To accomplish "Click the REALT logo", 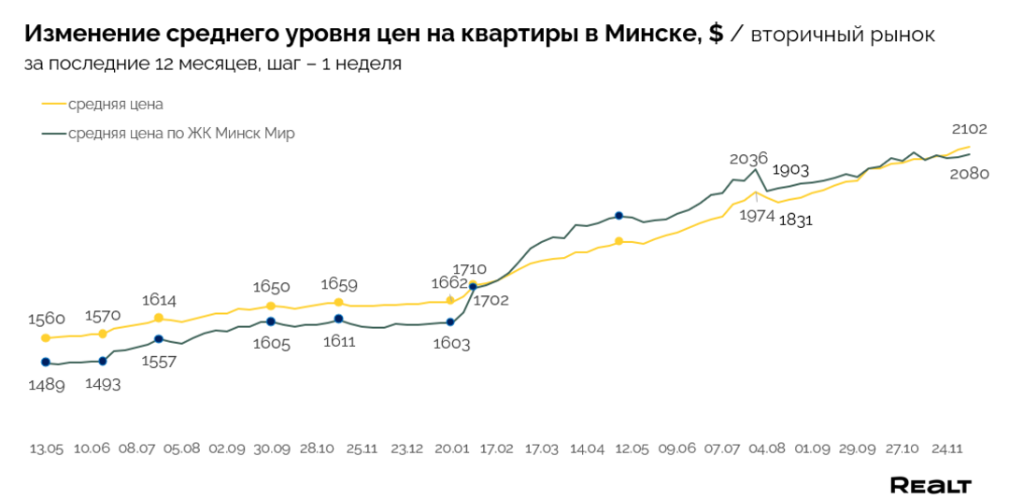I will pos(930,485).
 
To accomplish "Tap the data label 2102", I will pos(969,129).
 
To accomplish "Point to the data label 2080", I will pos(969,173).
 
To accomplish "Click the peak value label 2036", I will pos(748,158).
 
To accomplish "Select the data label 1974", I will pos(757,215).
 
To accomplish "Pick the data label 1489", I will pos(46,384).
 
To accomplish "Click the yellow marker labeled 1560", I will pos(46,337).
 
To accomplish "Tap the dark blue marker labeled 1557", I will pos(159,339).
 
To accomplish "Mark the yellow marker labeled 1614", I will pos(159,318).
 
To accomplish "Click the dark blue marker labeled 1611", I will pos(338,320).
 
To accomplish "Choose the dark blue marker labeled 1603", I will pos(450,322).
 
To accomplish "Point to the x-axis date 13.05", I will pos(46,449).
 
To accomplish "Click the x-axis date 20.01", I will pos(451,449).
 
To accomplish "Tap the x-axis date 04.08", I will pos(766,449).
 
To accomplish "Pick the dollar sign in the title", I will pos(716,35).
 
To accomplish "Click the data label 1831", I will pos(795,221).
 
